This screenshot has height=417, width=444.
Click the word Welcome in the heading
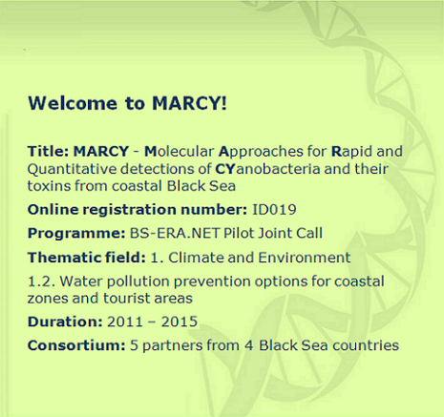[73, 103]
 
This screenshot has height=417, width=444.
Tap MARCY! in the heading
[189, 103]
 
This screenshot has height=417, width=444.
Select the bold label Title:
[48, 151]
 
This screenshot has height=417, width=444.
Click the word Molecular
[179, 151]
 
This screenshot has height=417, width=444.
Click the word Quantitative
[72, 170]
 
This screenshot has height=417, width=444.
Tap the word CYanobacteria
[267, 169]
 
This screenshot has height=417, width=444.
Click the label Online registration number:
[137, 210]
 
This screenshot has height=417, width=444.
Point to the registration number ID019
[274, 210]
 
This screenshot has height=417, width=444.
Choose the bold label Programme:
[76, 234]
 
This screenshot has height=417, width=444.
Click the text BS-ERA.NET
[175, 233]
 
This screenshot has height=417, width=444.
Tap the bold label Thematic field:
[87, 258]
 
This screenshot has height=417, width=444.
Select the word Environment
[305, 258]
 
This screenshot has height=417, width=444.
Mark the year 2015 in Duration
[180, 322]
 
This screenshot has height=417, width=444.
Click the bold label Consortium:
[76, 345]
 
